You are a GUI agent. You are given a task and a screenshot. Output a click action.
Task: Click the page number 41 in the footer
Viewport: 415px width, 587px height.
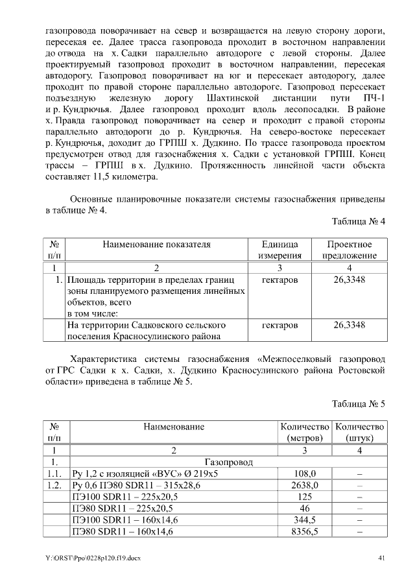coord(381,558)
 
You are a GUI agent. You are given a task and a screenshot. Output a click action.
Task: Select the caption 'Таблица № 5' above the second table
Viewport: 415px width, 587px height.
coord(359,403)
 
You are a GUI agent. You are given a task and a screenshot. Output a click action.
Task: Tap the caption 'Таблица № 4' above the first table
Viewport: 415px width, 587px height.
coord(359,222)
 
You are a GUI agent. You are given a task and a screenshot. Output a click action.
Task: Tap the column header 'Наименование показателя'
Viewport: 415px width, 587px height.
coord(156,245)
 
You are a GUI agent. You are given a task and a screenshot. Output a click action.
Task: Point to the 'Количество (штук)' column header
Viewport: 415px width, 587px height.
coord(359,431)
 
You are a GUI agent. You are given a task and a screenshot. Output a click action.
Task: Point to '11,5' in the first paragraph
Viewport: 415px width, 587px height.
coord(106,176)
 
